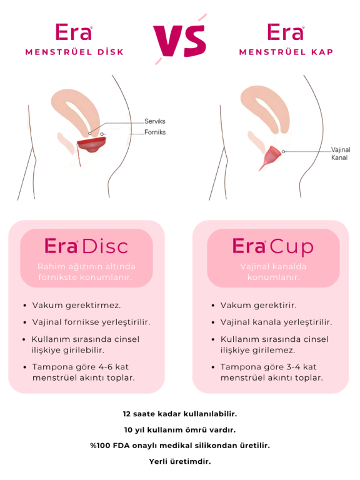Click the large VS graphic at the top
(x=180, y=39)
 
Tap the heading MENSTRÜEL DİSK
(x=74, y=52)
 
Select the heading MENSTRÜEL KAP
(x=286, y=52)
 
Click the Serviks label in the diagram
(x=154, y=121)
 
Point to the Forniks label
(x=155, y=132)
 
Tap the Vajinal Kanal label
(x=341, y=154)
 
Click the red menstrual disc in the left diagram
(x=91, y=145)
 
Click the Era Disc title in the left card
(x=86, y=246)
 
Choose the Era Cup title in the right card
(x=272, y=246)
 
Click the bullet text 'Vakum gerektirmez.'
(x=76, y=305)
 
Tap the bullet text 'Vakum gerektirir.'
(x=258, y=305)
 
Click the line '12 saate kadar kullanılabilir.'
(x=180, y=414)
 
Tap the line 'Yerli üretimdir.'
(x=180, y=461)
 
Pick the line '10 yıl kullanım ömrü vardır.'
(x=180, y=430)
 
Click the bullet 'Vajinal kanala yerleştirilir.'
(x=276, y=322)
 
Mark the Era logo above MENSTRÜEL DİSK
(x=74, y=32)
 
